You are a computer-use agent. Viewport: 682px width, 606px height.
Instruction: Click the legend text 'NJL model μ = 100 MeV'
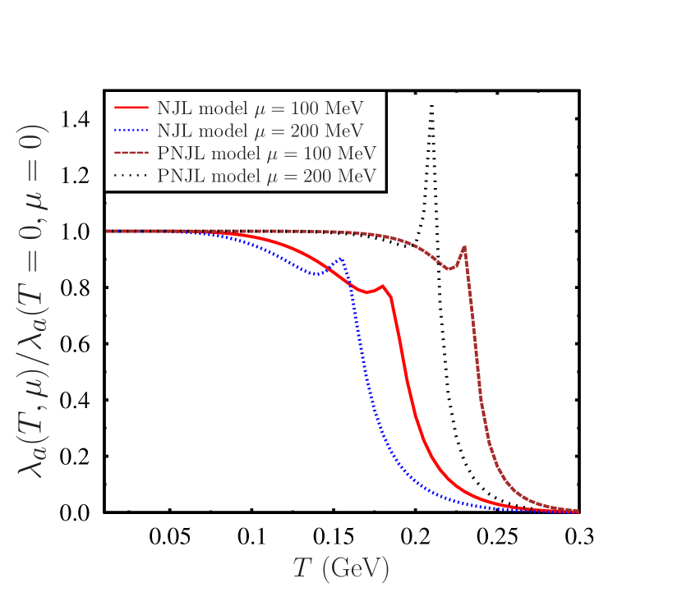coord(260,108)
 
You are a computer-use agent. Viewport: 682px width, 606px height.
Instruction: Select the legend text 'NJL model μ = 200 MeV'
coord(260,131)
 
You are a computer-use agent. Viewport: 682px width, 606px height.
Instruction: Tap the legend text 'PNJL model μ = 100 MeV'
coord(266,154)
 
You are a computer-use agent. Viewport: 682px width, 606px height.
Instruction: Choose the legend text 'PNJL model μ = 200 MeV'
coord(266,176)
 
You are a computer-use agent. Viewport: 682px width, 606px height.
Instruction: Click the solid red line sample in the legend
coord(131,108)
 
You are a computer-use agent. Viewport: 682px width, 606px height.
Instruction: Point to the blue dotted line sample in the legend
coord(131,130)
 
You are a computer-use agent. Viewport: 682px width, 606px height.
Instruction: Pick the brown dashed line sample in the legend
coord(131,153)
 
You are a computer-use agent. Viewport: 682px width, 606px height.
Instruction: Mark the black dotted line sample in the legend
coord(131,175)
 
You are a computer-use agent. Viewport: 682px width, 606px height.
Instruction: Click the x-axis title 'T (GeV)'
coord(340,568)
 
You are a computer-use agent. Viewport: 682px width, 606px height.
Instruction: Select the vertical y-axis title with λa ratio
coord(34,301)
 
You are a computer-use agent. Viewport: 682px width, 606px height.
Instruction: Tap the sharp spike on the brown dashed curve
coord(465,246)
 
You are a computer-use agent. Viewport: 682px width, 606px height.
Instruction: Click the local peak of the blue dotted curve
coord(340,259)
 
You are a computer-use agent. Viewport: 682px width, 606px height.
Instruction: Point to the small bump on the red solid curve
coord(382,287)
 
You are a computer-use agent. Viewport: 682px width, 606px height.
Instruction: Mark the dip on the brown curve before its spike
coord(449,269)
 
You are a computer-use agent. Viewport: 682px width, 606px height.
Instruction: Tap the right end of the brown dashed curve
coord(578,511)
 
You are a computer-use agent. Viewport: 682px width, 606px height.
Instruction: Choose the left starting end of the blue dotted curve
coord(108,231)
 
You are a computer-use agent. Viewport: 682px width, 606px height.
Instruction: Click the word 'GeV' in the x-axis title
coord(356,569)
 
